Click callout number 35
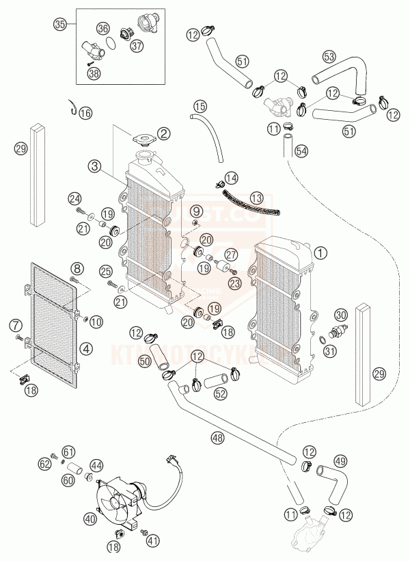(x=60, y=25)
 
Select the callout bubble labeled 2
(x=165, y=133)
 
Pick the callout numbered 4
(x=86, y=348)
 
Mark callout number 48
(x=218, y=436)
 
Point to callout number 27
(x=232, y=254)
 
